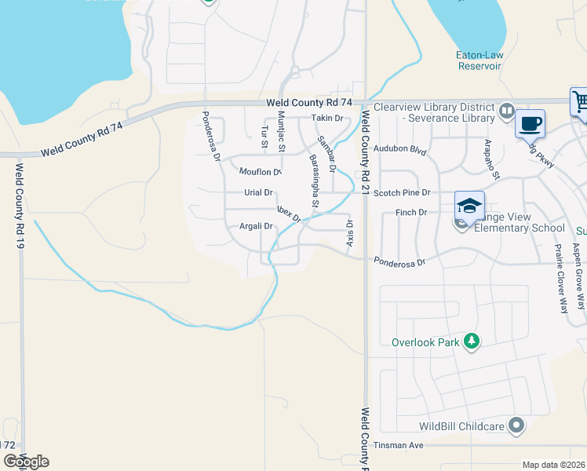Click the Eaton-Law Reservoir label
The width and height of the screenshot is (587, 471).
click(479, 60)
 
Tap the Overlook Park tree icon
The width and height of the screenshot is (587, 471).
click(471, 341)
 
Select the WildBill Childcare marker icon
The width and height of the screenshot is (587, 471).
click(516, 425)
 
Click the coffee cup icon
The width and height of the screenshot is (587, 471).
click(530, 123)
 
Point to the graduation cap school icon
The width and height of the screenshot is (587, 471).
click(469, 206)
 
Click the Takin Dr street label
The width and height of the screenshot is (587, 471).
click(327, 119)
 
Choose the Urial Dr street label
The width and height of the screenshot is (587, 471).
click(258, 192)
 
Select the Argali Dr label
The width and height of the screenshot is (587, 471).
click(256, 226)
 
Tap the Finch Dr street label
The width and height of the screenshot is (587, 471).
click(411, 213)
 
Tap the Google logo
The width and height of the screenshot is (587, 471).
click(26, 462)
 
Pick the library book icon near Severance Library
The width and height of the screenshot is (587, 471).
click(507, 111)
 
